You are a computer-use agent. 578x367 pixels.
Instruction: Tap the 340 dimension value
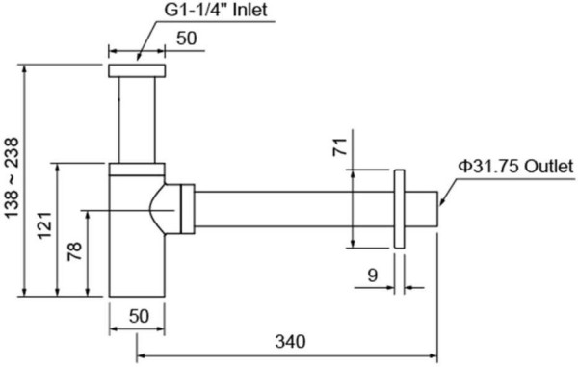[290, 341]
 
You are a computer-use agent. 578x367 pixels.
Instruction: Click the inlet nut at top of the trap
[137, 71]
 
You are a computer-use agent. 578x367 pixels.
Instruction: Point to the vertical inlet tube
[137, 120]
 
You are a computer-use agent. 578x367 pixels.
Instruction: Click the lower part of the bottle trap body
[136, 270]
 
